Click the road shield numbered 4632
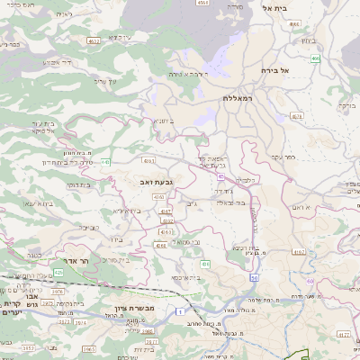tap(94, 40)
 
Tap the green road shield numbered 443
tap(107, 162)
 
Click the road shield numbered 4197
tap(298, 253)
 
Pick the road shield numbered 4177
tap(165, 211)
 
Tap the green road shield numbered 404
tap(205, 264)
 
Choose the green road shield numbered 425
tap(58, 271)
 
